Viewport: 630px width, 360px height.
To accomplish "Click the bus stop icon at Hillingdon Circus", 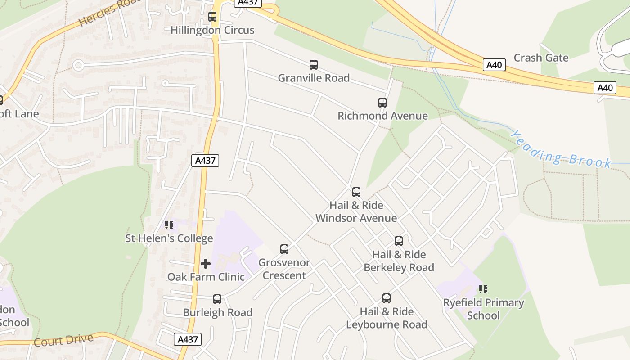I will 212,17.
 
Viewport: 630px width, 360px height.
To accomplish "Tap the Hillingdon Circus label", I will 212,30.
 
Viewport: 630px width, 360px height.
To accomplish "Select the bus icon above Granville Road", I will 314,65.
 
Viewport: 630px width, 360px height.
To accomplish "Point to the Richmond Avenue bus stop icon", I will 382,103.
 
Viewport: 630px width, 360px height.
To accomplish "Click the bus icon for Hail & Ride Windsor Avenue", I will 356,192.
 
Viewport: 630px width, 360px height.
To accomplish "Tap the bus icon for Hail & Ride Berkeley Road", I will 399,241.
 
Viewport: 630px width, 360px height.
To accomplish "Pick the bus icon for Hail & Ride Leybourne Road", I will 387,298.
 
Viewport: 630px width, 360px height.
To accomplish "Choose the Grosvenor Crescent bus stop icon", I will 284,249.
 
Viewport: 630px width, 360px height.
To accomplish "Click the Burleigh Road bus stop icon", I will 217,299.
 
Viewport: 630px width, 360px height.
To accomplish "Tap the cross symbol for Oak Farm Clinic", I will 206,263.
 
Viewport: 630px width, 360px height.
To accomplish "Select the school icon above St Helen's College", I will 169,225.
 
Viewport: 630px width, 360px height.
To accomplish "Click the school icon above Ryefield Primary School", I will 483,289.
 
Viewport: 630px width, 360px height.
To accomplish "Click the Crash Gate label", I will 541,58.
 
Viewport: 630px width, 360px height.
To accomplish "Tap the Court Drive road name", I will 63,340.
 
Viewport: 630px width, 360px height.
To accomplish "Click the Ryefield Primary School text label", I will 484,309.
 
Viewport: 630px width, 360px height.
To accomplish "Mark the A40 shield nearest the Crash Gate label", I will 495,65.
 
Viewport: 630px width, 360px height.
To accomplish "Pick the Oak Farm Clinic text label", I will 206,276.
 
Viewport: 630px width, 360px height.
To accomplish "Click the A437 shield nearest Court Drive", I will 188,339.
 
